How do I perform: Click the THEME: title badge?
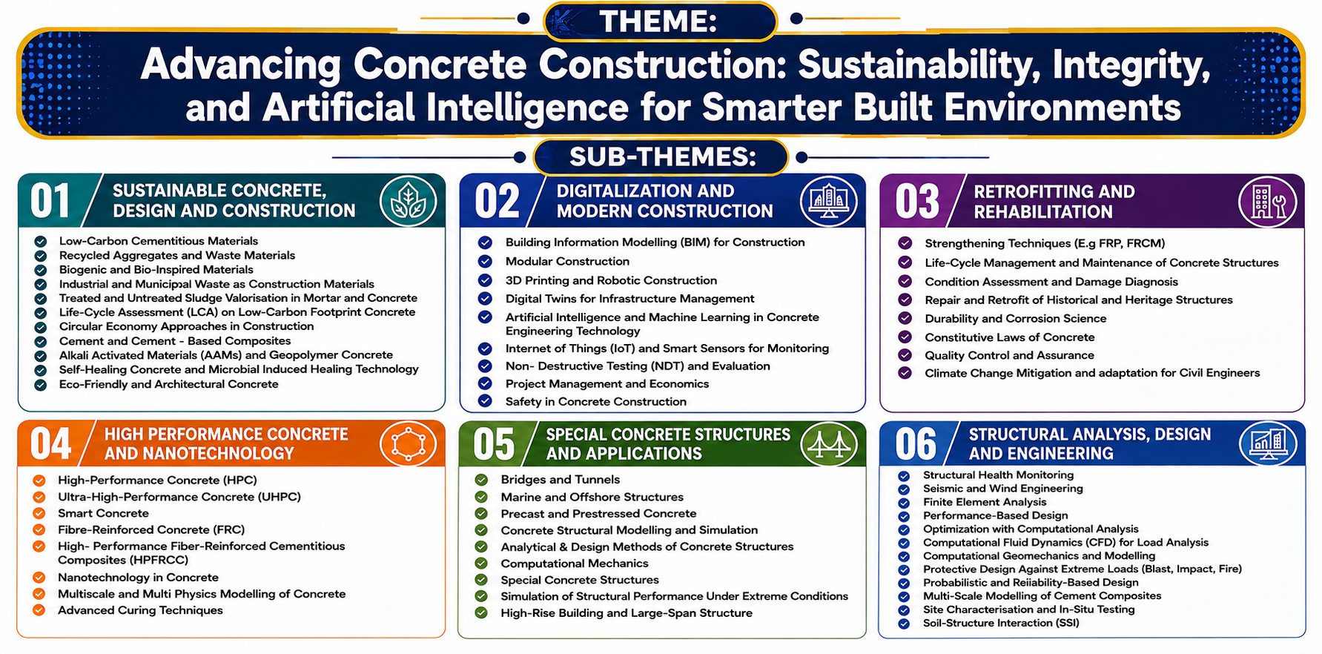[660, 21]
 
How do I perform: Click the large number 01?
[50, 202]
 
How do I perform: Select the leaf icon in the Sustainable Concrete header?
[408, 201]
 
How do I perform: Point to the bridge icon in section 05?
[829, 444]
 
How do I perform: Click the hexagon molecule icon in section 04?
[408, 444]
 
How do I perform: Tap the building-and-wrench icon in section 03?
[1267, 202]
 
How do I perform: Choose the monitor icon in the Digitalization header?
[828, 201]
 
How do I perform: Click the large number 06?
[916, 445]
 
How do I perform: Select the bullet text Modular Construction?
[567, 262]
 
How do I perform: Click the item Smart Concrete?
[103, 513]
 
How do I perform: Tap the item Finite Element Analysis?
[985, 502]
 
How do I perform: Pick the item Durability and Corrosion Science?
[1015, 319]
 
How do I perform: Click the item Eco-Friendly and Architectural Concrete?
[169, 384]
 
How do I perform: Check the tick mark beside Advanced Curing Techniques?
[39, 610]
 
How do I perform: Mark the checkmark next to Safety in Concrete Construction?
[485, 401]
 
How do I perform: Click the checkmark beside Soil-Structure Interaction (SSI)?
[903, 624]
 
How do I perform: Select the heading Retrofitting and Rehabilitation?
[1054, 202]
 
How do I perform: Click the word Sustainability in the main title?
[919, 65]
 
